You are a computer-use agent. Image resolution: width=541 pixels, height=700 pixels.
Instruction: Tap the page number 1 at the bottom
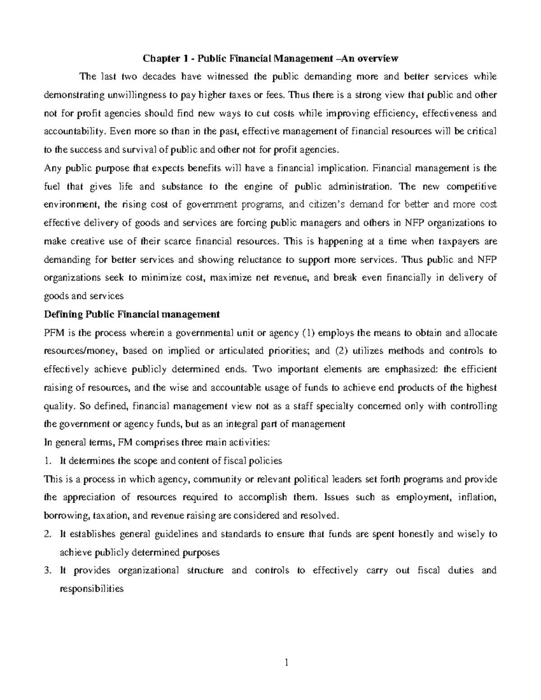[286, 662]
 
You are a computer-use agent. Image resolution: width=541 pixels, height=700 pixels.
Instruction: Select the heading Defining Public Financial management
[132, 314]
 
